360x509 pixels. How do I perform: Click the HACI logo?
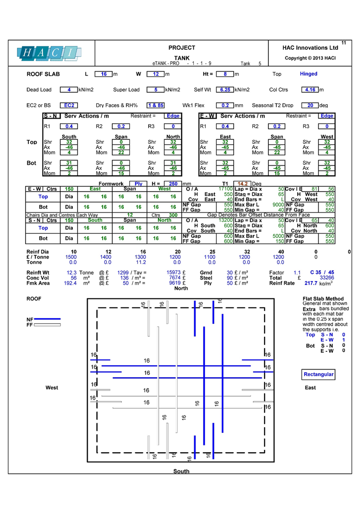tap(49, 53)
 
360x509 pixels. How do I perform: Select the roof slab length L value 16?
tap(103, 74)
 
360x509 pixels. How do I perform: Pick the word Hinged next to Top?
tap(308, 74)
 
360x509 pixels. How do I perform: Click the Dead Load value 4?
tap(69, 90)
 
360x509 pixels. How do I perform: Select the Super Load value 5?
tap(156, 90)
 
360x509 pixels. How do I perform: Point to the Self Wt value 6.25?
tap(224, 90)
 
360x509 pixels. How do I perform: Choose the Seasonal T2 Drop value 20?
tap(310, 105)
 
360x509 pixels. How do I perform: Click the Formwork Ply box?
tap(138, 184)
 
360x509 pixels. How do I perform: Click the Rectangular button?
tap(319, 375)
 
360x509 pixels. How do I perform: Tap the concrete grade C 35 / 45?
tap(322, 273)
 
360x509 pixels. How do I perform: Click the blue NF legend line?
tap(47, 320)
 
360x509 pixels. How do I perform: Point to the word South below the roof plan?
tap(181, 471)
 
